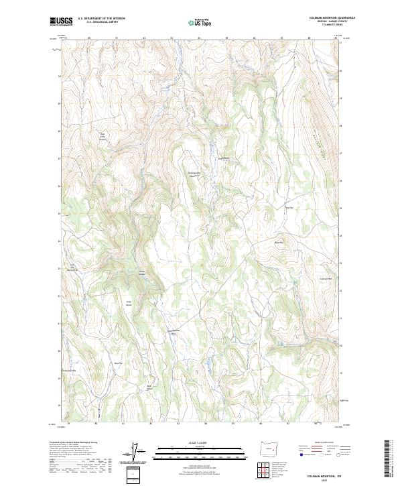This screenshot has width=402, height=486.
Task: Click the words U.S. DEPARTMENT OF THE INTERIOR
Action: (x=101, y=18)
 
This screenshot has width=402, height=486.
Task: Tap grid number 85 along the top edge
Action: (x=227, y=38)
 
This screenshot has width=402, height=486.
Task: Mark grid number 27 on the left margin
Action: (x=60, y=159)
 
